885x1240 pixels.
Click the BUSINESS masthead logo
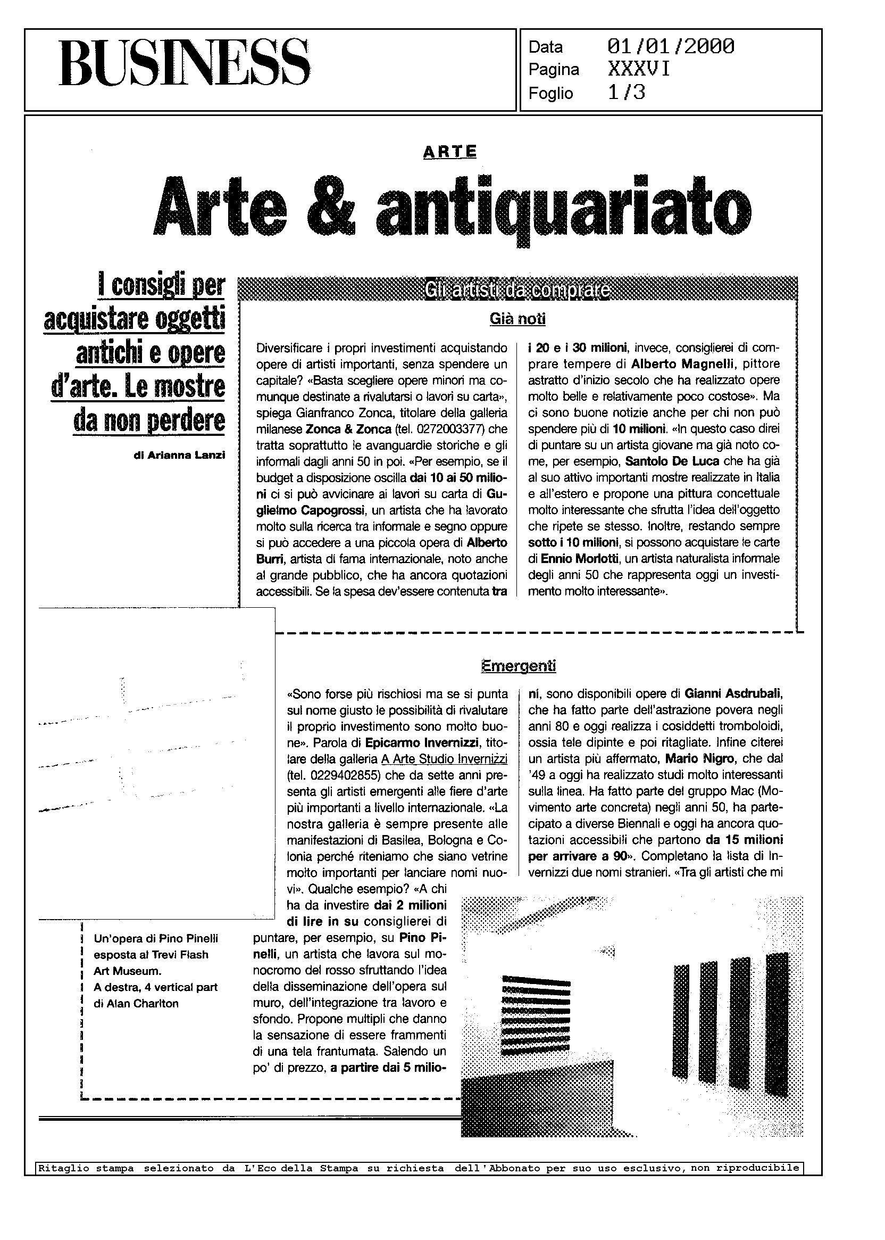coord(184,63)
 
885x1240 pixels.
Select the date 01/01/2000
coord(670,47)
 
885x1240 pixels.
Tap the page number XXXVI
coord(639,70)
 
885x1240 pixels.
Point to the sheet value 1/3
coord(626,93)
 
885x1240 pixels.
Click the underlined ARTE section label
coord(449,152)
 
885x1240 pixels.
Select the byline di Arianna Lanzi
coord(179,456)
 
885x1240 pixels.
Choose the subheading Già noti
coord(517,319)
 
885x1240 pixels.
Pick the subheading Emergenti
coord(518,666)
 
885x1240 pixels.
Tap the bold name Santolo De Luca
coord(672,461)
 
